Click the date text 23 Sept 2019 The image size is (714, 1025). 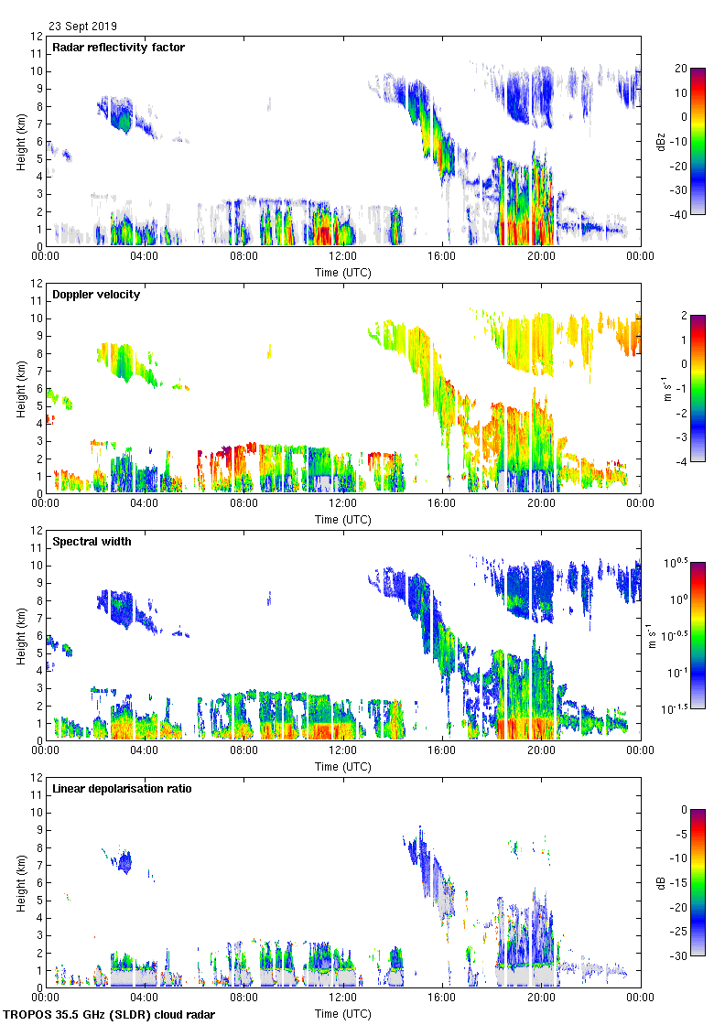coord(82,27)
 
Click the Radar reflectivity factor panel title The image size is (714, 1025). coord(119,48)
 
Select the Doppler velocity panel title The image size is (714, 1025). coord(96,295)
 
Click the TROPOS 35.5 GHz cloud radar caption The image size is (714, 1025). coord(110,1015)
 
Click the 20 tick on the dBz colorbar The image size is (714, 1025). coord(681,69)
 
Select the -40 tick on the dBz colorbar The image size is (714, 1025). coord(681,215)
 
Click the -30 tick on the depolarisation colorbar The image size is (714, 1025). coord(681,956)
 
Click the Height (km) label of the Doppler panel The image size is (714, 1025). coord(21,388)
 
